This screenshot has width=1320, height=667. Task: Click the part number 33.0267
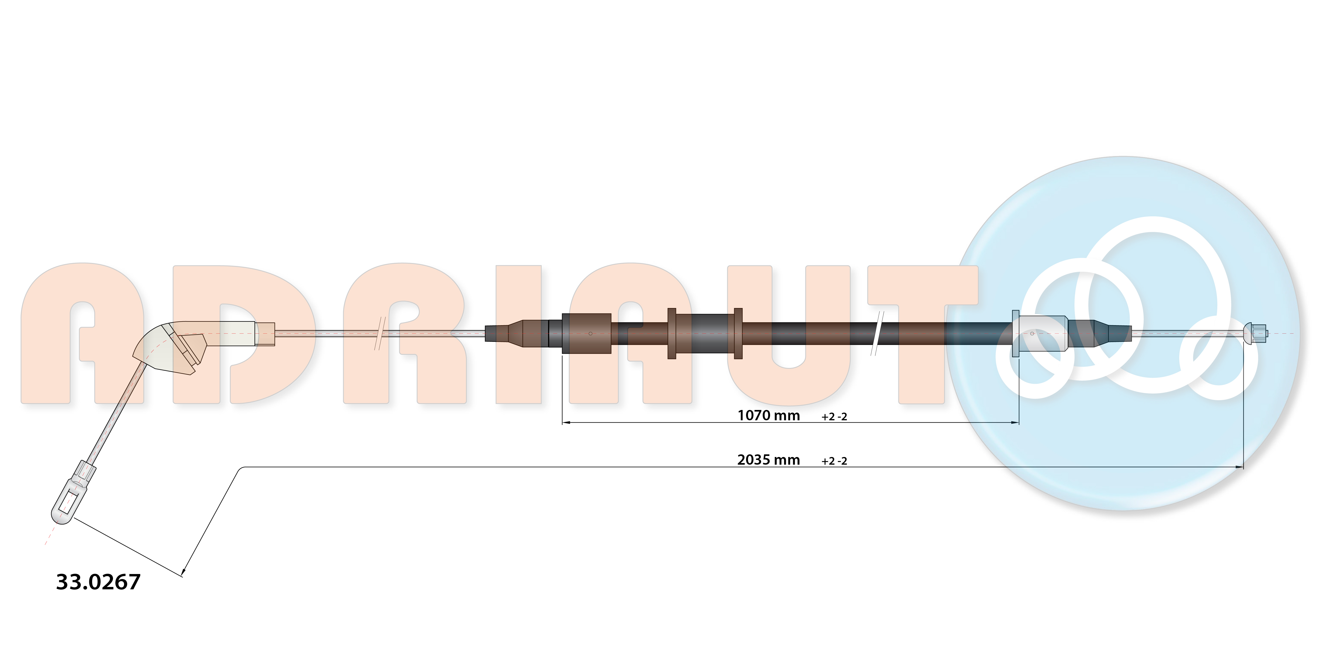(x=98, y=582)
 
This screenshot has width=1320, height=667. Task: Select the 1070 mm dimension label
(x=768, y=415)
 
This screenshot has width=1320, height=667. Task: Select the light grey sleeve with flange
(x=1040, y=333)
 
